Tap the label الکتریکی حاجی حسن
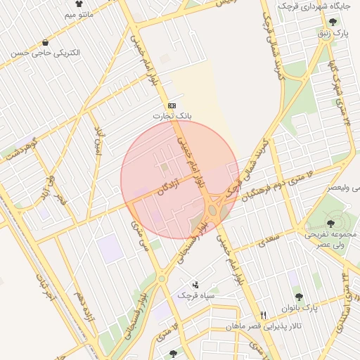[x=46, y=53]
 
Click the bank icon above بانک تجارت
[x=172, y=105]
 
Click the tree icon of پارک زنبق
[x=332, y=22]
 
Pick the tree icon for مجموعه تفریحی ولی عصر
[x=330, y=224]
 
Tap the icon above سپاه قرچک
[x=195, y=285]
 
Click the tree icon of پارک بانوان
[x=299, y=297]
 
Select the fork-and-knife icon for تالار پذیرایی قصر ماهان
[x=264, y=316]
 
